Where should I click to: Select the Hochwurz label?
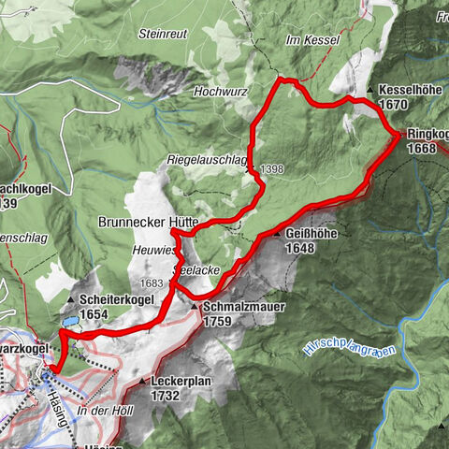[218, 92]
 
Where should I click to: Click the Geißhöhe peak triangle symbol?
[277, 233]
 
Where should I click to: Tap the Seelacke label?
[195, 268]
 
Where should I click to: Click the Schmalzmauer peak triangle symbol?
[195, 306]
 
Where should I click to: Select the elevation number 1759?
[217, 319]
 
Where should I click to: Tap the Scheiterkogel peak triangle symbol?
[72, 301]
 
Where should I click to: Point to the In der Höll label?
[101, 411]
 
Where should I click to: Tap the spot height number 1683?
[150, 282]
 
